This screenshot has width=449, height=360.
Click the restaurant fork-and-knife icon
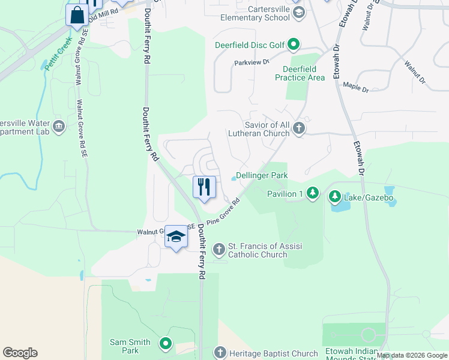coord(204,187)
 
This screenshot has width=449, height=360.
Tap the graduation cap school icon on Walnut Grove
coord(176,236)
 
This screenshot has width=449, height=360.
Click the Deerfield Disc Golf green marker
coord(294,44)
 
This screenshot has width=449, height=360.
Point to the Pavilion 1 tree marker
coord(312,193)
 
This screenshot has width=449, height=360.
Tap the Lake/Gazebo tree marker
coord(334,196)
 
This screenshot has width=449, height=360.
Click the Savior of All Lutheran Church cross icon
coord(298,128)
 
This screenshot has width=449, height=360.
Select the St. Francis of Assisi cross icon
coord(219,248)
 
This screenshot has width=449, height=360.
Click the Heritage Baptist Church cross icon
coord(220,353)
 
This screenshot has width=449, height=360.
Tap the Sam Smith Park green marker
coord(166,344)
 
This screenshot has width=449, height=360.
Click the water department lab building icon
coord(59,126)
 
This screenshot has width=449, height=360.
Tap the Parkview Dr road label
coord(252,62)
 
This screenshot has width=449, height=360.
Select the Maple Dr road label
coord(355,88)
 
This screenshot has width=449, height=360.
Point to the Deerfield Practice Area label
coord(300,73)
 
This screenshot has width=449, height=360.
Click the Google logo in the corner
coord(20,353)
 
